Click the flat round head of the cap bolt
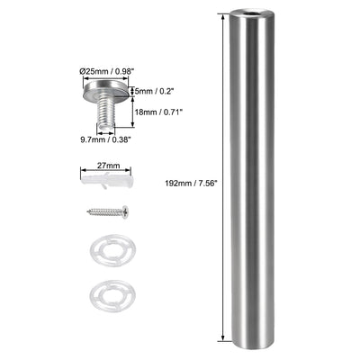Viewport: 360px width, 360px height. click(110, 92)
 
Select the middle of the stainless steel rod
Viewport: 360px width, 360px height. click(247, 180)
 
